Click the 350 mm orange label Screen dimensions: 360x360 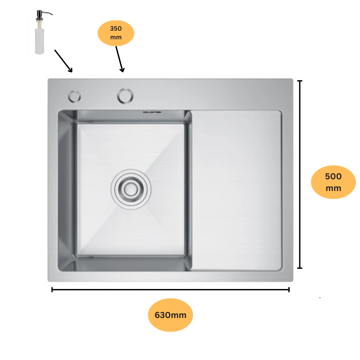coord(116,33)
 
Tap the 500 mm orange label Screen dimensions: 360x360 coord(333,182)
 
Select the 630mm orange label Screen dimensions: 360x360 coord(170,315)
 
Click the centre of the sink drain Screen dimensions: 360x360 coord(131,189)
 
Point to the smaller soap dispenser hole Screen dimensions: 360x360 coord(74,96)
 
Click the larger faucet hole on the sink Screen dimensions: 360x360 coord(125,96)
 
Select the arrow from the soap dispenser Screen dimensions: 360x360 coord(64,61)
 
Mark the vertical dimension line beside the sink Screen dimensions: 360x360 coord(300,174)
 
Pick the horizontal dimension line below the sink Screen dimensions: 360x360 coord(170,290)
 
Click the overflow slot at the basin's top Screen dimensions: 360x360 coord(152,112)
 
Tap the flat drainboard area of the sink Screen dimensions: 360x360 coord(236,190)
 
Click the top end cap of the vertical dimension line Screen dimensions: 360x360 coord(300,81)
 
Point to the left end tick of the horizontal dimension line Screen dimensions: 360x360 coord(52,290)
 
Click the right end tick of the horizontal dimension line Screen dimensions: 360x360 coord(289,290)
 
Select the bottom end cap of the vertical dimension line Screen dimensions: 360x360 coord(300,268)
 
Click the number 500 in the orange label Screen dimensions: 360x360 coord(333,176)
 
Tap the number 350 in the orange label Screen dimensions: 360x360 coord(116,28)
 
